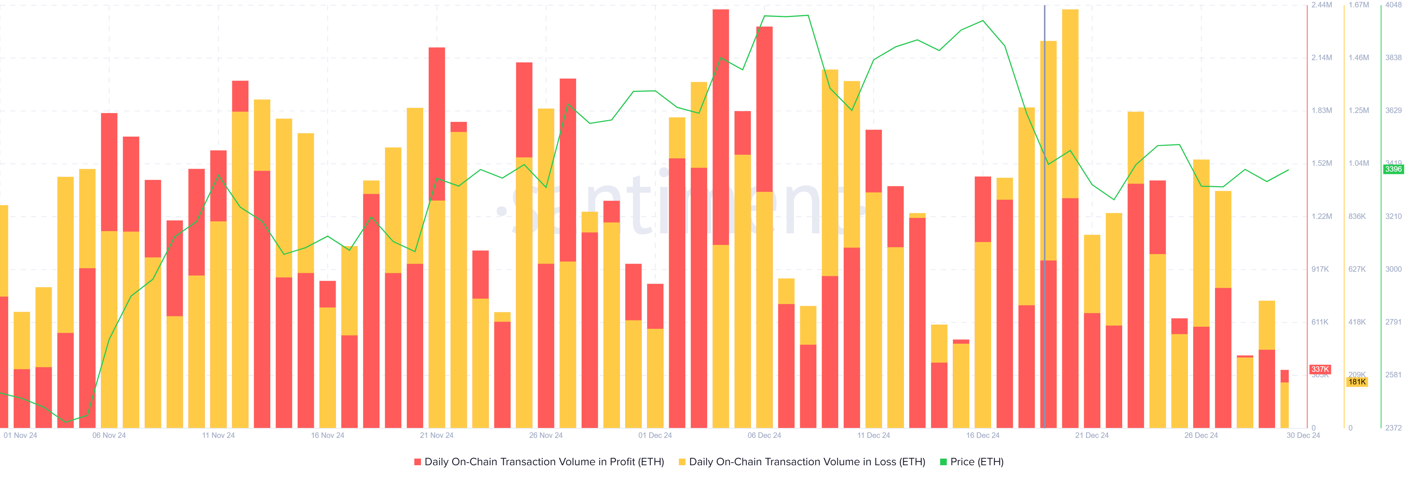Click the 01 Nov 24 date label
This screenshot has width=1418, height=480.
pos(20,435)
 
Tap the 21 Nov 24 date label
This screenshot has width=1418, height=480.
pos(436,435)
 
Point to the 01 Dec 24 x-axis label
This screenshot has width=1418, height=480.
pos(655,435)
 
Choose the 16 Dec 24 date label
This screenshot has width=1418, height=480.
pos(983,435)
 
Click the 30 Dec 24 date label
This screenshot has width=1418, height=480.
pos(1303,435)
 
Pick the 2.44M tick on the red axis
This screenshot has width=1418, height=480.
pos(1322,5)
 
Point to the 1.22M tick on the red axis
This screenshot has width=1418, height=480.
pos(1322,216)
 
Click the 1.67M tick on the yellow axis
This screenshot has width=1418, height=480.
pos(1359,5)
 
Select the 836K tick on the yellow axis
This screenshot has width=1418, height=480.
pos(1357,216)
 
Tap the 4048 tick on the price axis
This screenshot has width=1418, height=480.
pos(1394,5)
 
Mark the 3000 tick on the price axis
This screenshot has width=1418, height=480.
pos(1394,269)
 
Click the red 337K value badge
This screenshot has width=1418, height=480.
pos(1320,369)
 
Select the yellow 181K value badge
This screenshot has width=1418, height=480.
pos(1357,382)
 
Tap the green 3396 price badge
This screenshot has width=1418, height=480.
pos(1393,169)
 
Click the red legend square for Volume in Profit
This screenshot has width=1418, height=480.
pos(418,462)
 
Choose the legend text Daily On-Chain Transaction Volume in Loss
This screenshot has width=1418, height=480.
pos(807,462)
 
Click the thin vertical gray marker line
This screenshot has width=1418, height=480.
pos(1045,220)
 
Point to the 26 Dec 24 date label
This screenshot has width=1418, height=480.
pos(1201,435)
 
